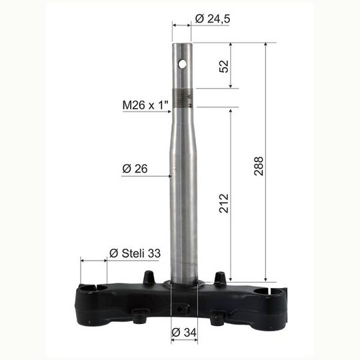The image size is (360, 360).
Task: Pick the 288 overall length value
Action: [x=259, y=166]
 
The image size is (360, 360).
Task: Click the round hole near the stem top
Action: [x=183, y=65]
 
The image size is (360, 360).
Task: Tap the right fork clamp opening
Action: [x=273, y=290]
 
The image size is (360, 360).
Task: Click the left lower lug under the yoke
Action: [x=139, y=319]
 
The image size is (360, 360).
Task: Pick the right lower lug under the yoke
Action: [x=217, y=319]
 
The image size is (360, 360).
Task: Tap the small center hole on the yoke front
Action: [x=183, y=309]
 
